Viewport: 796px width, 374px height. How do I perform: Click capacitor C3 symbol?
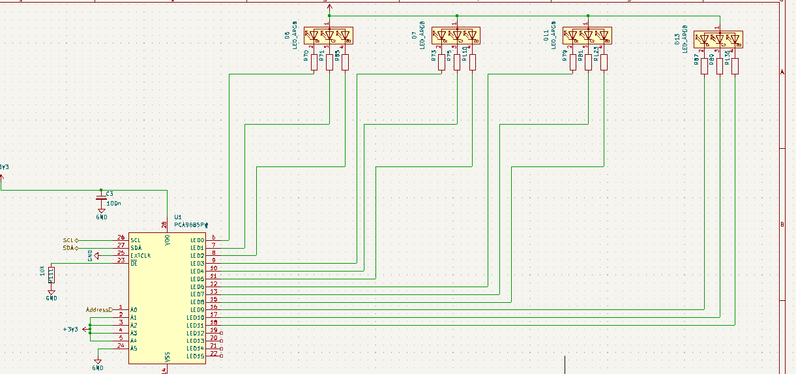101,197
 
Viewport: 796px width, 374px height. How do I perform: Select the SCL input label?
68,240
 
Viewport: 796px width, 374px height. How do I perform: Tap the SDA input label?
68,248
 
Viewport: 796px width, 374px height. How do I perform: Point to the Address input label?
98,309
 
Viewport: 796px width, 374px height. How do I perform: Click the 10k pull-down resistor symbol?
52,275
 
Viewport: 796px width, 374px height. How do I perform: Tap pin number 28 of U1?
164,225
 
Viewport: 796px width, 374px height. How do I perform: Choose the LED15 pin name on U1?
195,356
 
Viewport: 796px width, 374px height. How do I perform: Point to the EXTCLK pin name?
141,256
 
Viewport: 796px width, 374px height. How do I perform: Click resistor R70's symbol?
314,62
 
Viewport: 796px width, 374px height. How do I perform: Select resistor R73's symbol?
441,62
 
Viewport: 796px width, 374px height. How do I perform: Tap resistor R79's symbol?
572,62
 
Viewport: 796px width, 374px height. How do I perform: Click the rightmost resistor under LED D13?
735,66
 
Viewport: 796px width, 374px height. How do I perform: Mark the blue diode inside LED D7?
468,35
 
